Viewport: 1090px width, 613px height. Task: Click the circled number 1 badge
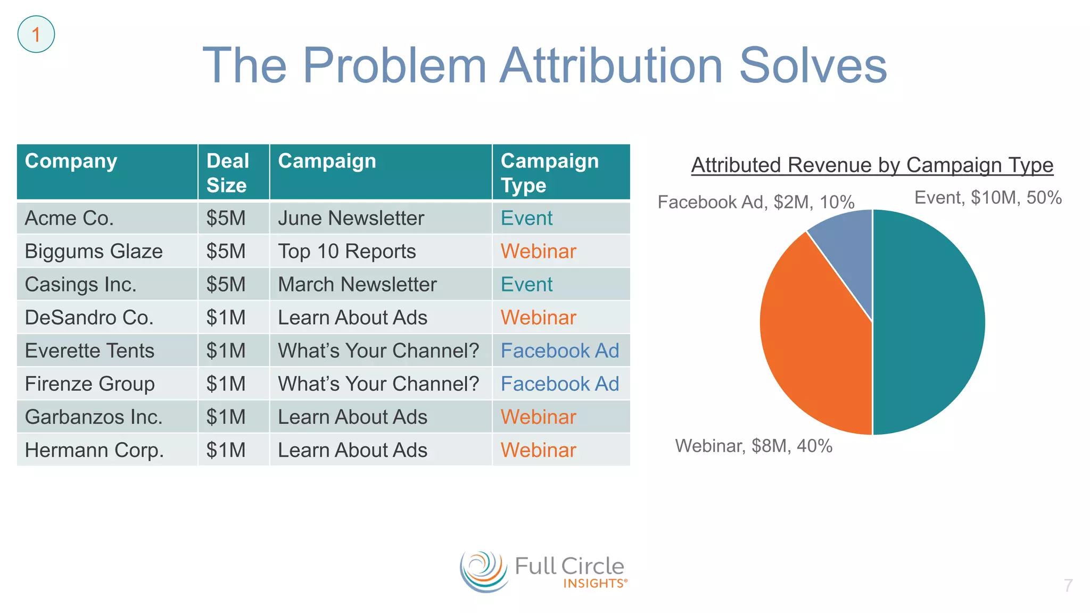(36, 35)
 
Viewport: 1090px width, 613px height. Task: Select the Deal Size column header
(228, 172)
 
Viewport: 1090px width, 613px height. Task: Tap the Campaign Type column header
(550, 172)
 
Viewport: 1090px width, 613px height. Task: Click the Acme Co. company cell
(69, 218)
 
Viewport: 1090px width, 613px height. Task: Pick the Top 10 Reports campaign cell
(346, 251)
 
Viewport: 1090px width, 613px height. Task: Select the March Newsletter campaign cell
(357, 284)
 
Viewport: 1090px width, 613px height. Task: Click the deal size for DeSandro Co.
(226, 318)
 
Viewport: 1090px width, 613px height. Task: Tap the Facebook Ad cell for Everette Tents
(560, 351)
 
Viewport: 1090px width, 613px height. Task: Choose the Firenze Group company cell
(89, 384)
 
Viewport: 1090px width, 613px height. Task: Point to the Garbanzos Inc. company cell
(94, 417)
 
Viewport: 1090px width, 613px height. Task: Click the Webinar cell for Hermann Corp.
(538, 450)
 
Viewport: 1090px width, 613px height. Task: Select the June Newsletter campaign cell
(351, 218)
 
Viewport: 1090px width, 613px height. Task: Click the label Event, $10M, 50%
(988, 197)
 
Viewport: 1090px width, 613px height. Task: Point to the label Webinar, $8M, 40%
(754, 446)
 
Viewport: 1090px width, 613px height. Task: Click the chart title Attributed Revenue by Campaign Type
(872, 165)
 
